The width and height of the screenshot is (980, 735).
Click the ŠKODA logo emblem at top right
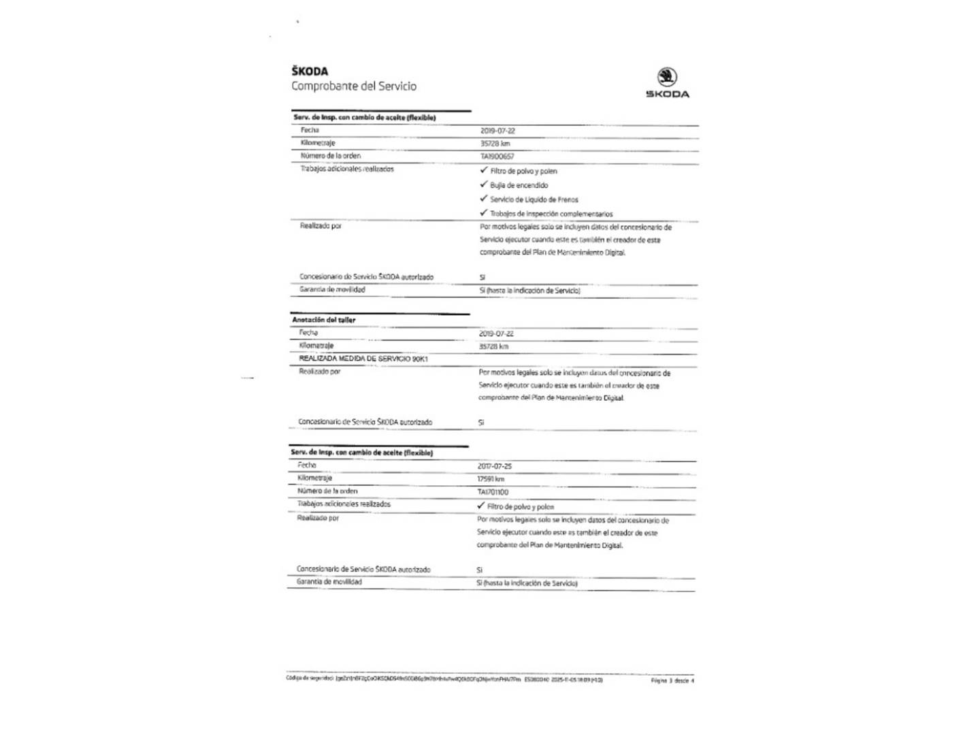pyautogui.click(x=666, y=76)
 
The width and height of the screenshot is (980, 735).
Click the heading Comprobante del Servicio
pyautogui.click(x=353, y=86)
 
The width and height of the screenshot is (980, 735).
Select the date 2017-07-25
pyautogui.click(x=495, y=467)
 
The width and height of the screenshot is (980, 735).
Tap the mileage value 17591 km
pyautogui.click(x=491, y=479)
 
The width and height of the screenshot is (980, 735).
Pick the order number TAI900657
pyautogui.click(x=497, y=157)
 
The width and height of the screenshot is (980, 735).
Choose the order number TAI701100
pyautogui.click(x=493, y=492)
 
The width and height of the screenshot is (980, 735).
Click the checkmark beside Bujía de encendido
pyautogui.click(x=484, y=184)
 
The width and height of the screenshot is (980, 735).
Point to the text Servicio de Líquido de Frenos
pyautogui.click(x=534, y=199)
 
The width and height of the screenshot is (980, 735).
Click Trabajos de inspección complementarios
pyautogui.click(x=551, y=214)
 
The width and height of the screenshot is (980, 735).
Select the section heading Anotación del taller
pyautogui.click(x=324, y=320)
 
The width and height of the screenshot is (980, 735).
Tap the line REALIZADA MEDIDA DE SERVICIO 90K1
pyautogui.click(x=363, y=359)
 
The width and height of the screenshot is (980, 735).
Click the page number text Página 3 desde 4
pyautogui.click(x=672, y=680)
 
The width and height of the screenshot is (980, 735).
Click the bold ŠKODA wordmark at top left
pyautogui.click(x=310, y=71)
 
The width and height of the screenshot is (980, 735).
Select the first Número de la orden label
pyautogui.click(x=331, y=156)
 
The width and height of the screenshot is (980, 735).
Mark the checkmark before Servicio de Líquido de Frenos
pyautogui.click(x=484, y=199)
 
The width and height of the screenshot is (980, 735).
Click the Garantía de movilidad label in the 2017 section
pyautogui.click(x=329, y=582)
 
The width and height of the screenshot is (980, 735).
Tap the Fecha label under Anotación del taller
pyautogui.click(x=308, y=333)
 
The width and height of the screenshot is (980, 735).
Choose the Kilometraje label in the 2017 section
pyautogui.click(x=314, y=478)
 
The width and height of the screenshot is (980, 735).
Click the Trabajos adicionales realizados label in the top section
pyautogui.click(x=347, y=169)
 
